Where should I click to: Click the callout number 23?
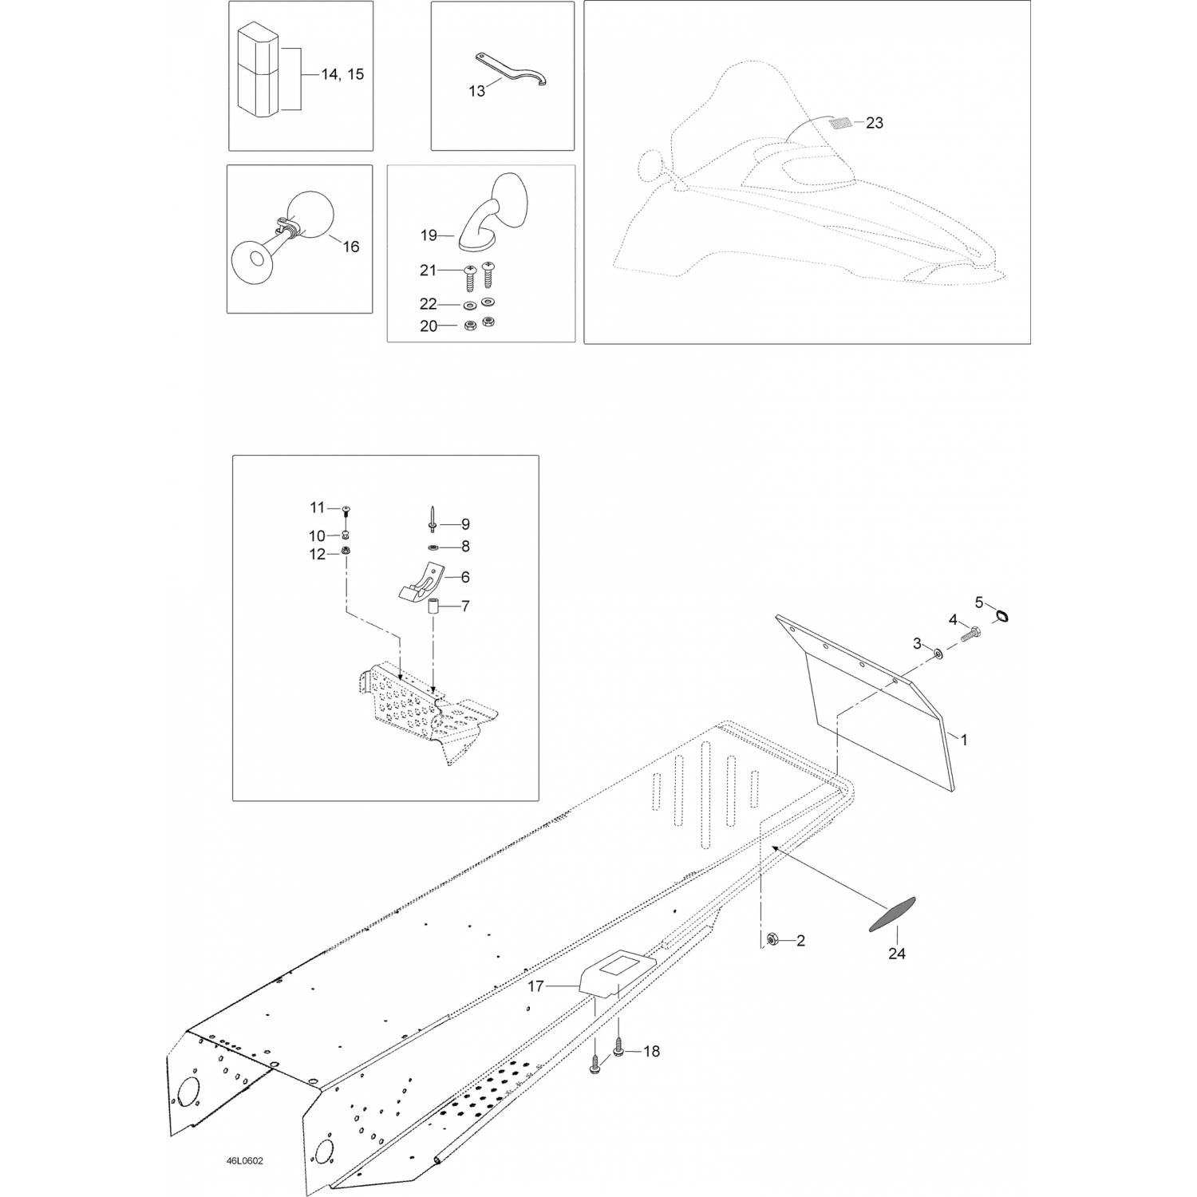[x=875, y=123]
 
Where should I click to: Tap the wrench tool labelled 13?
[x=511, y=69]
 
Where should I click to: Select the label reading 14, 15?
[x=342, y=74]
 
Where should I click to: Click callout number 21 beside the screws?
[x=429, y=271]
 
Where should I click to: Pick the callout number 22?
[x=429, y=304]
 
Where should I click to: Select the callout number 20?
[x=429, y=326]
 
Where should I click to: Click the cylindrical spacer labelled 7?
[x=433, y=606]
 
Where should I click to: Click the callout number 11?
[x=318, y=508]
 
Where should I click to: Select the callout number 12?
[x=318, y=554]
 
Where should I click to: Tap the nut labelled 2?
[x=772, y=941]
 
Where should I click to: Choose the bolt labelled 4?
[x=970, y=635]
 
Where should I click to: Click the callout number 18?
[x=651, y=1052]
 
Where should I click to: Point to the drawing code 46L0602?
[x=243, y=1160]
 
